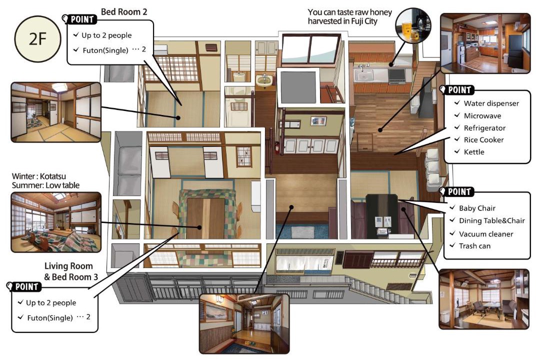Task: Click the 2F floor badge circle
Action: pos(37,39)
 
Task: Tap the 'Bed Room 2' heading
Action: pos(124,12)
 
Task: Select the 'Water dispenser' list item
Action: pos(491,103)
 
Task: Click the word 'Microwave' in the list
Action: pos(482,116)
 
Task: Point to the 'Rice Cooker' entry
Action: pos(483,140)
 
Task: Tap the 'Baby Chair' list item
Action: pos(477,208)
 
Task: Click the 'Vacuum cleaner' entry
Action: pos(486,234)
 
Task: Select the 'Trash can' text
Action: pos(474,246)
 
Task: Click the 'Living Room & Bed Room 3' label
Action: pos(71,271)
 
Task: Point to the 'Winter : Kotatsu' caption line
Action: pos(39,176)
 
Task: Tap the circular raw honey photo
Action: pos(413,25)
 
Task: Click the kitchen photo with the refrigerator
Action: pos(485,43)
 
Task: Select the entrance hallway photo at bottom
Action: pos(244,323)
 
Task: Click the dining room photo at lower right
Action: pos(484,299)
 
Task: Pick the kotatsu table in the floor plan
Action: pos(206,214)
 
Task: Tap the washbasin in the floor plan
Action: pos(264,80)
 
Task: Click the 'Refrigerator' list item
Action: pos(484,128)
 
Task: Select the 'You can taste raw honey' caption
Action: pos(349,12)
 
